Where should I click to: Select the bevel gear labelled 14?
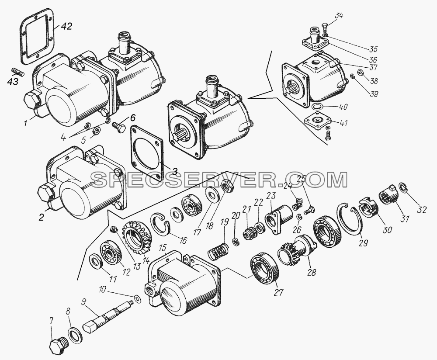[139, 238]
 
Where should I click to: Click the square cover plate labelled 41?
[317, 121]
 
